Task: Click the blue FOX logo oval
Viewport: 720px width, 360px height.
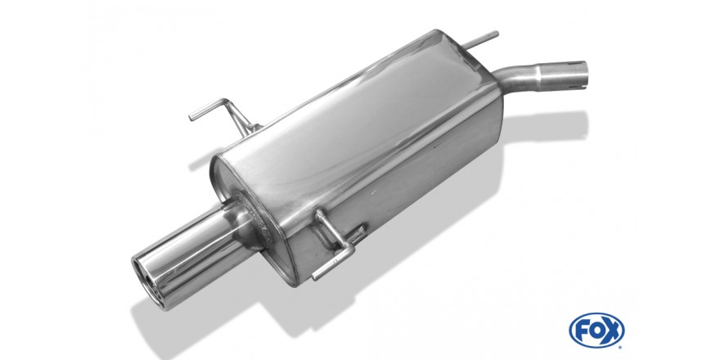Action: tap(596, 331)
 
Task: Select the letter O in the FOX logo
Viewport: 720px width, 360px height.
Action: tap(596, 331)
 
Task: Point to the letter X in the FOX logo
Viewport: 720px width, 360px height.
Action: tap(612, 331)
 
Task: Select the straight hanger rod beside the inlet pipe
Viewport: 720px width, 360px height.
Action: tap(480, 40)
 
